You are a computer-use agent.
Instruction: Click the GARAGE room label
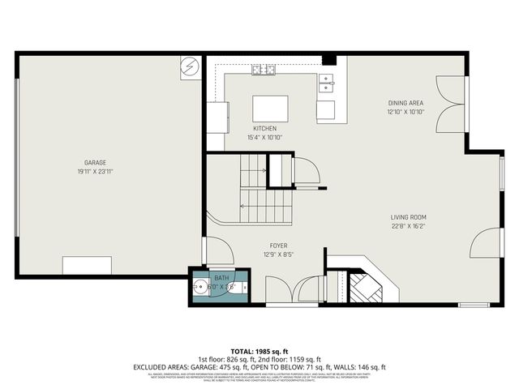(x=96, y=162)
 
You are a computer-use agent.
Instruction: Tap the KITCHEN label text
(x=265, y=129)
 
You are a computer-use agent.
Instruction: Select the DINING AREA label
(x=405, y=103)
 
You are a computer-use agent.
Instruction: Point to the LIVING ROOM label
(x=408, y=217)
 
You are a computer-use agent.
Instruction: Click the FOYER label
(x=278, y=246)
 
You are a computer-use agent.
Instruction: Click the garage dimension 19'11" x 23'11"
(x=96, y=171)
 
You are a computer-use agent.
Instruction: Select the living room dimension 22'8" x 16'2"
(x=408, y=226)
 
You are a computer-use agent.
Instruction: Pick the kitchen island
(x=271, y=108)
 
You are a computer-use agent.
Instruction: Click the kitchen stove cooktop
(x=264, y=70)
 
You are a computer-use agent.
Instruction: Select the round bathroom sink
(x=199, y=287)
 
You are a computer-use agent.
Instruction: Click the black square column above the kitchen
(x=328, y=60)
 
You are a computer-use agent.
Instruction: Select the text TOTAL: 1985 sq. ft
(x=259, y=350)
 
